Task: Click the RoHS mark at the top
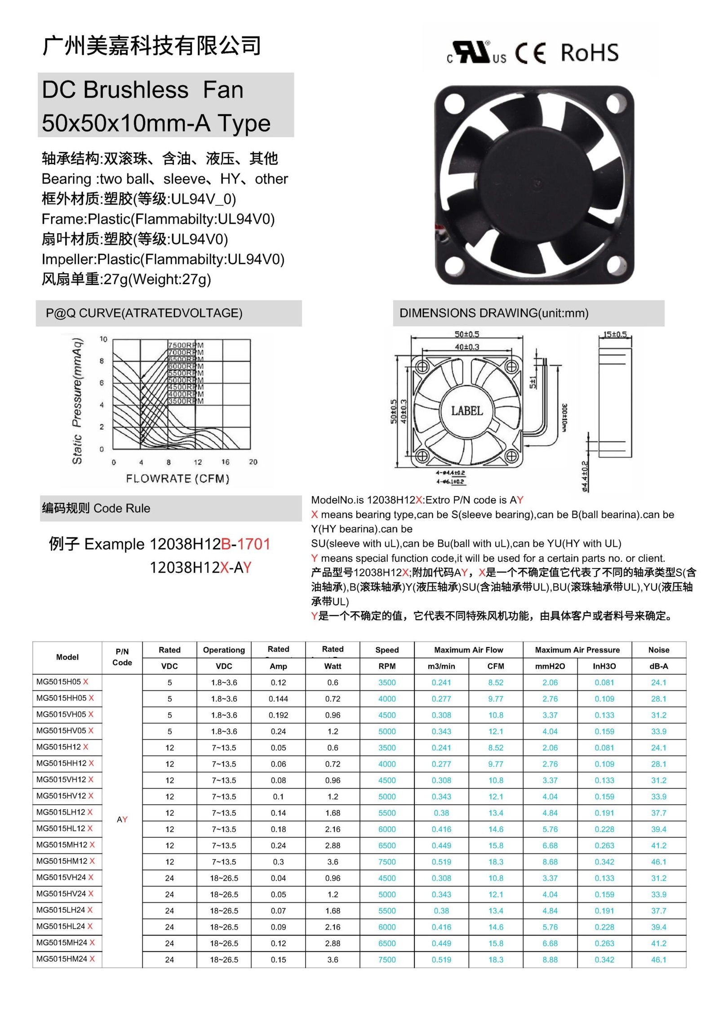[x=589, y=53]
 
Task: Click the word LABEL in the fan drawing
[x=467, y=411]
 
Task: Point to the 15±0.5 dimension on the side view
[x=615, y=334]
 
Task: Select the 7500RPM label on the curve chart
[x=186, y=345]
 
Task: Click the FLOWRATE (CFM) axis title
[x=178, y=479]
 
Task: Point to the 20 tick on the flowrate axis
[x=253, y=462]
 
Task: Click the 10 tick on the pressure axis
[x=103, y=339]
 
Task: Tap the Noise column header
[x=658, y=650]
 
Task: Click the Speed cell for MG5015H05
[x=387, y=682]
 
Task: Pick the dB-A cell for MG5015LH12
[x=658, y=813]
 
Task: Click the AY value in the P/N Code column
[x=122, y=819]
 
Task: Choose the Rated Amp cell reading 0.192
[x=278, y=715]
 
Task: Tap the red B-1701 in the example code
[x=245, y=544]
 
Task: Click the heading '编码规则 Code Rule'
[x=96, y=508]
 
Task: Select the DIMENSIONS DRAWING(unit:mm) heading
[x=494, y=313]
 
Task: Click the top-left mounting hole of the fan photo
[x=454, y=104]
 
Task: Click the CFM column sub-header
[x=496, y=666]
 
